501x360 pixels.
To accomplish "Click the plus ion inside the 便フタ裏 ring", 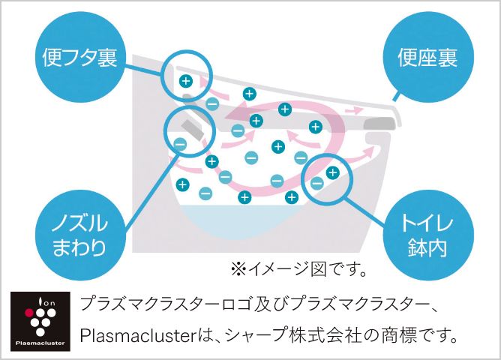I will click(185, 80).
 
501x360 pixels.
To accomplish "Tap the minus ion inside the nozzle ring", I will click(179, 143).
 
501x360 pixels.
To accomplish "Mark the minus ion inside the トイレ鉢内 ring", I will click(317, 182).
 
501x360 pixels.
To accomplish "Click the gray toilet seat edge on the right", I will click(382, 124).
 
